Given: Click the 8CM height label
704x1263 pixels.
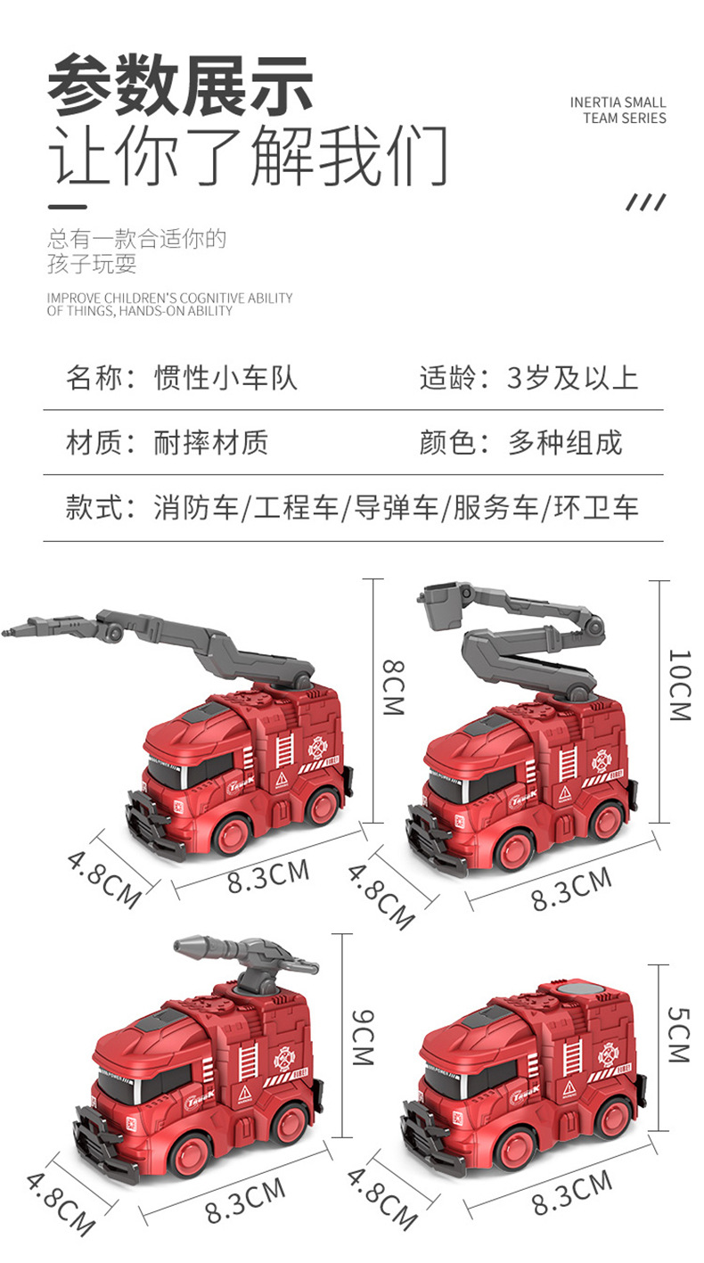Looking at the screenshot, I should click(393, 687).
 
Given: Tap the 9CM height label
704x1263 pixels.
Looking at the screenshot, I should click(363, 1037).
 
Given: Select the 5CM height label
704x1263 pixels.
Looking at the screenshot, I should click(679, 1033).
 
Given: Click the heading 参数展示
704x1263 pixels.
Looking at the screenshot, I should click(181, 85).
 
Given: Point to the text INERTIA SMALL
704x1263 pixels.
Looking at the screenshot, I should click(618, 103).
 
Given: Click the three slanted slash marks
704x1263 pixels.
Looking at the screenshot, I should click(645, 202).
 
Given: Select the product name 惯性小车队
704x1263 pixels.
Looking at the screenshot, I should click(225, 377).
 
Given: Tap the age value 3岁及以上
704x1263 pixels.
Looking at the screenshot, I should click(573, 377).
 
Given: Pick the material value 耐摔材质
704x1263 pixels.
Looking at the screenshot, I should click(210, 442).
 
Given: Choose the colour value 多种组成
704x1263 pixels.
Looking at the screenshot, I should click(565, 442).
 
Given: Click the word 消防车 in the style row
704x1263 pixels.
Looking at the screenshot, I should click(196, 508).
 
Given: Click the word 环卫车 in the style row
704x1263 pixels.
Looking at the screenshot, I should click(596, 508).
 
